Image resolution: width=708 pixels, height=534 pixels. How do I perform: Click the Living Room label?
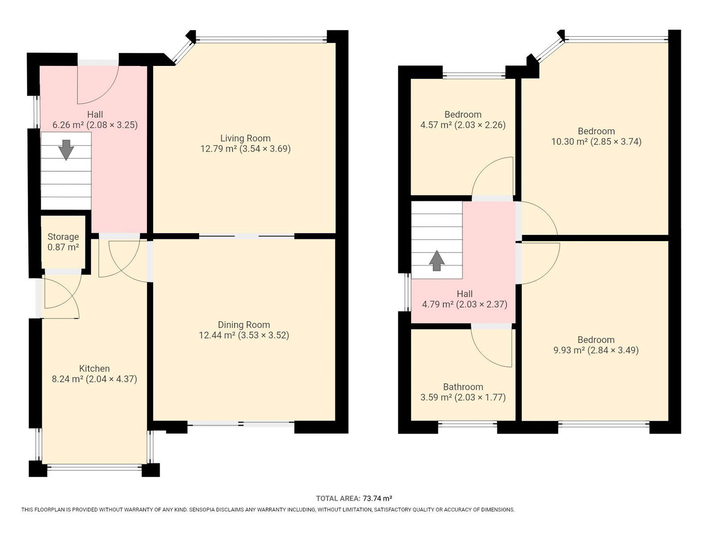[x=245, y=138]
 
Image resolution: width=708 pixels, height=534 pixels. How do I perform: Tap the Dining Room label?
[x=244, y=325]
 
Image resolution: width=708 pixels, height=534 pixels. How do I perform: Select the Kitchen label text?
[x=95, y=369]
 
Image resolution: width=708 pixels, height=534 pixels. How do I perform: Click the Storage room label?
[x=63, y=237]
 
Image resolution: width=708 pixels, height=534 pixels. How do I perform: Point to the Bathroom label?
[x=463, y=387]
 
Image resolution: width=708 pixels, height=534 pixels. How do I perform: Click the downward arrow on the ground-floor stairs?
[x=66, y=150]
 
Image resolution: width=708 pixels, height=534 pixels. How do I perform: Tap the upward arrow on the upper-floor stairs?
[x=437, y=261]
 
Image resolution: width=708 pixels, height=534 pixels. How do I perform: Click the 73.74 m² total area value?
[x=377, y=499]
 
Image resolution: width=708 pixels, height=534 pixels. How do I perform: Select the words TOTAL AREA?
[x=338, y=499]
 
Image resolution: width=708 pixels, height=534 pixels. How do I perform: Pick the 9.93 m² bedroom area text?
[x=569, y=350]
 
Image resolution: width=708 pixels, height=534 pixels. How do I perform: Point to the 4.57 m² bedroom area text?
[x=436, y=125]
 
